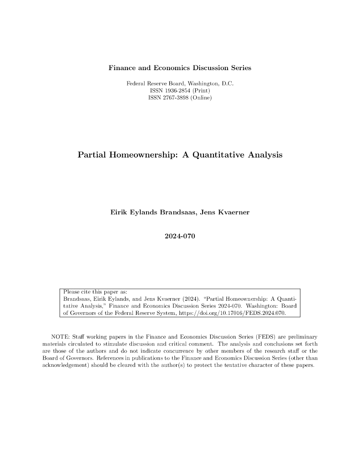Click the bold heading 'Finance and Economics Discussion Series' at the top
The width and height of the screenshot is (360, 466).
pyautogui.click(x=180, y=68)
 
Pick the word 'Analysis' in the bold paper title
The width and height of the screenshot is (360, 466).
pyautogui.click(x=265, y=155)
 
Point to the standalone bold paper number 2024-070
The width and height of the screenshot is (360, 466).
pyautogui.click(x=180, y=236)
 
